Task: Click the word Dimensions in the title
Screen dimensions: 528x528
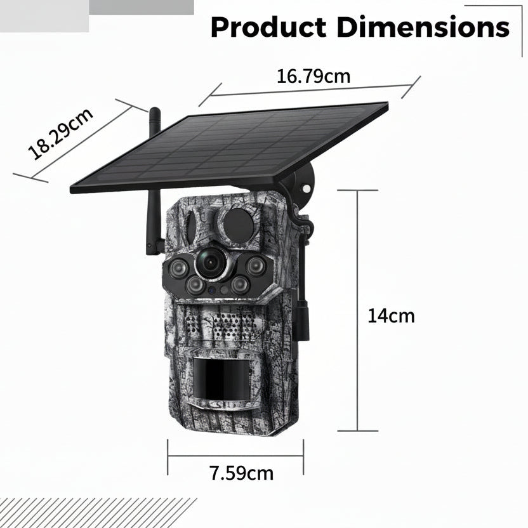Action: click(423, 27)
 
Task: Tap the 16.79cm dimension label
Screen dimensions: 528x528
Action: click(313, 76)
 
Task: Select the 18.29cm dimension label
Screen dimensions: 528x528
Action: click(61, 133)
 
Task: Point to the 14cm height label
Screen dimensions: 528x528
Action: click(391, 316)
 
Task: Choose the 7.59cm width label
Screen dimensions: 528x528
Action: click(241, 473)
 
